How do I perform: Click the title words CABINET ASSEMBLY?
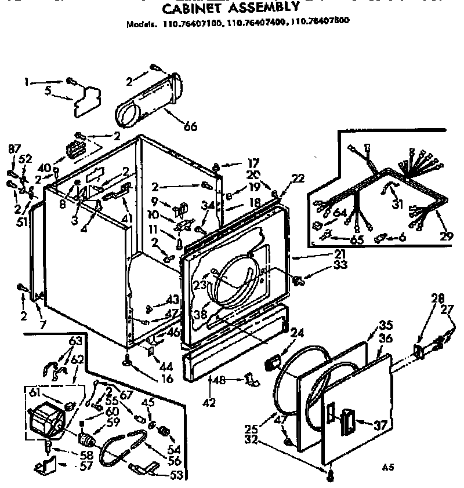230,8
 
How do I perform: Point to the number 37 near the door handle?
380,425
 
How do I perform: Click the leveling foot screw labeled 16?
126,362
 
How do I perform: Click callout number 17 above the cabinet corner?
237,163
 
